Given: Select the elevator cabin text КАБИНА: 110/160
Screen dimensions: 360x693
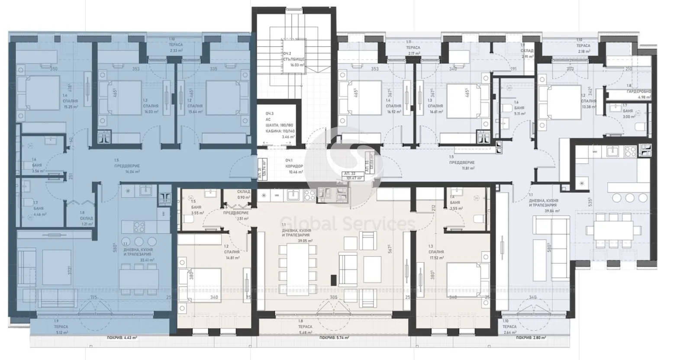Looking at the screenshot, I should click(x=280, y=131).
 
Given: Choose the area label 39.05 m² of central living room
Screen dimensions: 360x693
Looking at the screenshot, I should click(x=293, y=241).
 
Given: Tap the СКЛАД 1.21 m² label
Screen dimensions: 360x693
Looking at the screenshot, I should click(x=86, y=225).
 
